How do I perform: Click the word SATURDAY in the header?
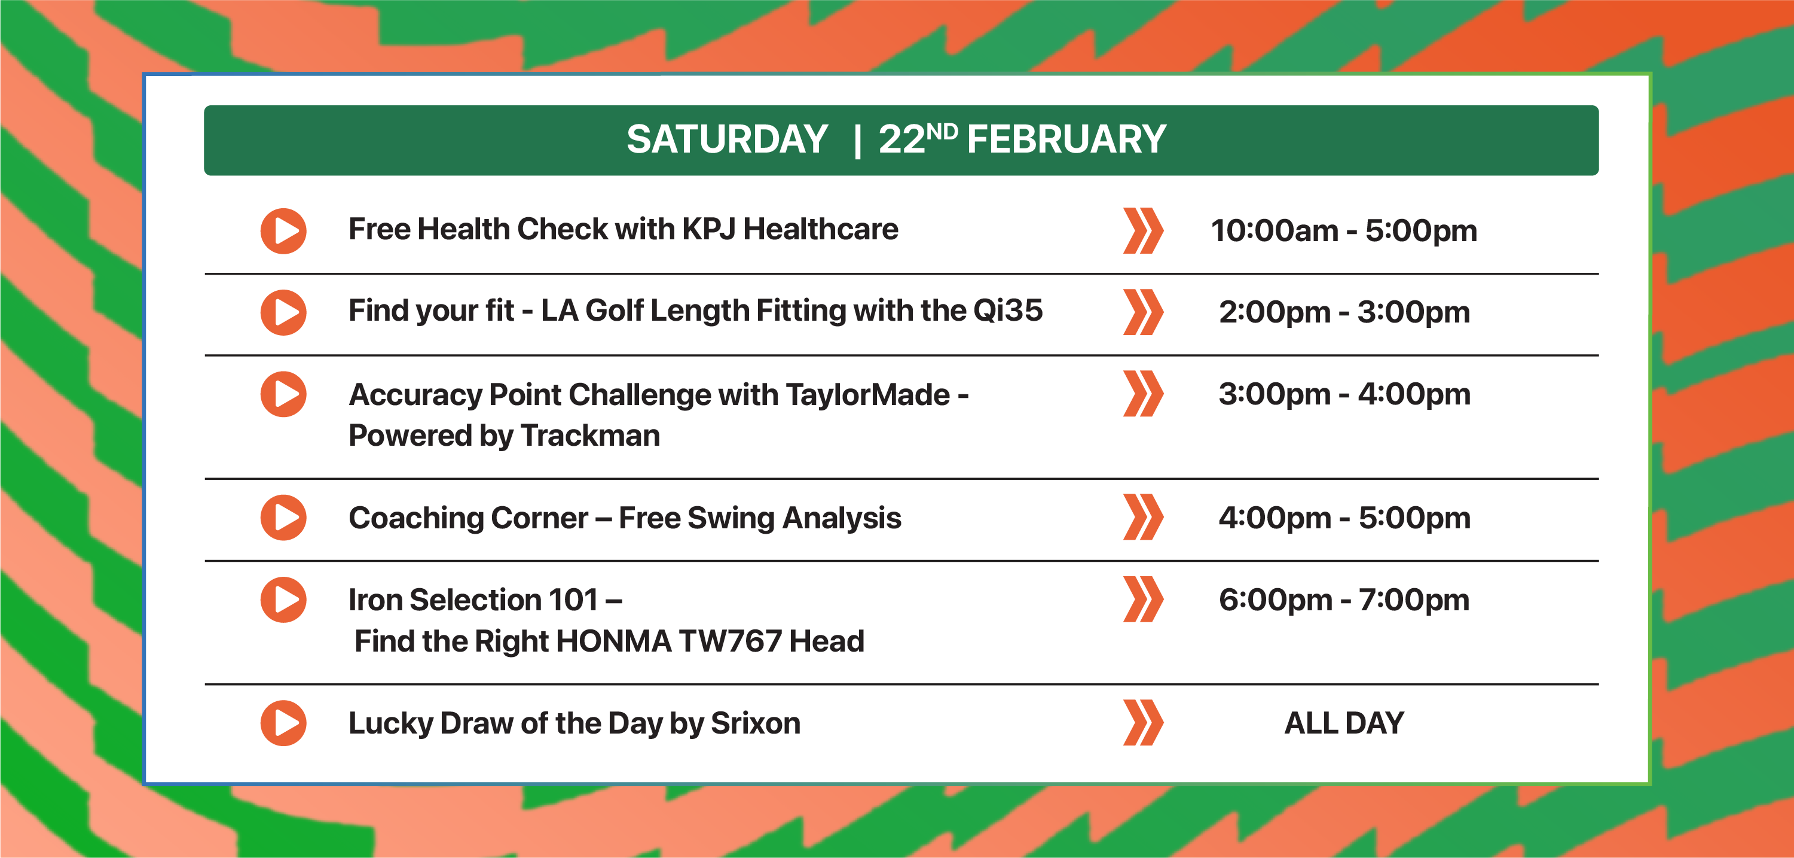click(x=727, y=139)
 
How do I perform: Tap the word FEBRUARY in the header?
click(x=1066, y=139)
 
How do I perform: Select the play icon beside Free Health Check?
click(x=283, y=231)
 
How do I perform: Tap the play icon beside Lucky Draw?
click(x=283, y=723)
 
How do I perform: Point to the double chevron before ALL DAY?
click(x=1143, y=723)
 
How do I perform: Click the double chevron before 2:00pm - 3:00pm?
click(x=1143, y=312)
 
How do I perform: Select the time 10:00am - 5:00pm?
click(x=1344, y=231)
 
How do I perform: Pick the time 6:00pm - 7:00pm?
click(x=1344, y=600)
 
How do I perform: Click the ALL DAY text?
click(x=1344, y=723)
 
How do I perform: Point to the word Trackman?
click(x=590, y=436)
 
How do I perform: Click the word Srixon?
click(x=756, y=723)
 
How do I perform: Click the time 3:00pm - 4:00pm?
click(x=1344, y=394)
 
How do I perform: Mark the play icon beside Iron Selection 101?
click(x=283, y=600)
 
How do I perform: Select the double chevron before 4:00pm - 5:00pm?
click(x=1143, y=517)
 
